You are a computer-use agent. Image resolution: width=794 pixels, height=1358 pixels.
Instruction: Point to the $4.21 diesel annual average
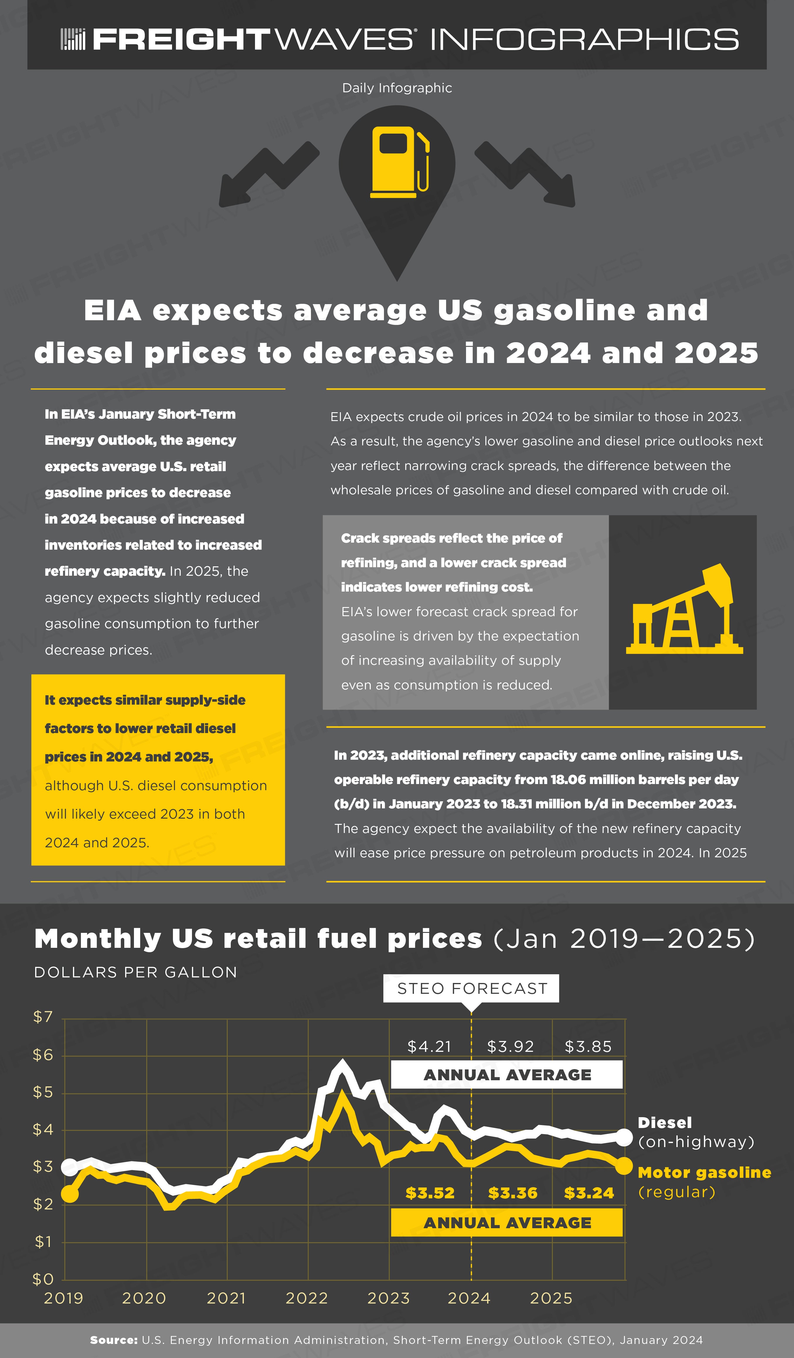pos(429,1047)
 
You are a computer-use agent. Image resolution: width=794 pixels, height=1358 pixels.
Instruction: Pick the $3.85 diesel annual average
pos(588,1047)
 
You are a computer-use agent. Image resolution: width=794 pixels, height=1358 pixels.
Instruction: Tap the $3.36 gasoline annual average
pos(513,1193)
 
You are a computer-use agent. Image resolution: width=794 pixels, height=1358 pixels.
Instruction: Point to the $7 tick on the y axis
pos(43,1017)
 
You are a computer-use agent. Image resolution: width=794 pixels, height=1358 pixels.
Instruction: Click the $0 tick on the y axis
pos(43,1279)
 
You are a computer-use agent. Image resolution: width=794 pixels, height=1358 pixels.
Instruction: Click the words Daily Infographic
pos(397,88)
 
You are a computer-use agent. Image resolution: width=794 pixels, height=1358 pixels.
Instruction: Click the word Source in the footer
pos(114,1340)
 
